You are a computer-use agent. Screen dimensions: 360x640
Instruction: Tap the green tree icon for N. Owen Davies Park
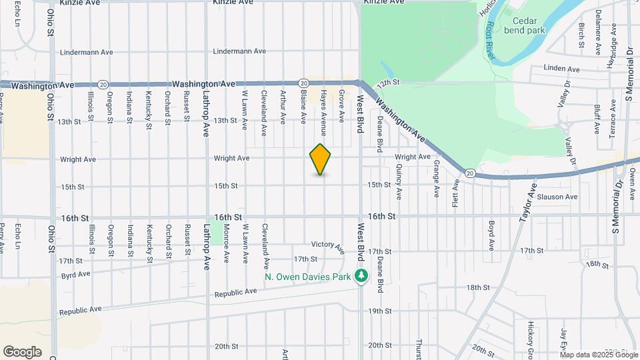click(361, 276)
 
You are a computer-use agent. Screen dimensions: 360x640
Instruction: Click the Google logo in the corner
click(22, 352)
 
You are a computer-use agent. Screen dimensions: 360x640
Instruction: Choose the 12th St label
click(387, 83)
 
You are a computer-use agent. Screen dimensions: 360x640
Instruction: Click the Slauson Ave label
click(557, 197)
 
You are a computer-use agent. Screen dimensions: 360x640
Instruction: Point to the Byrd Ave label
click(75, 274)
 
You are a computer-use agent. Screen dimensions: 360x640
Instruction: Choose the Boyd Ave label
click(491, 235)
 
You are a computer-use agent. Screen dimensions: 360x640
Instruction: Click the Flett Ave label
click(456, 193)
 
